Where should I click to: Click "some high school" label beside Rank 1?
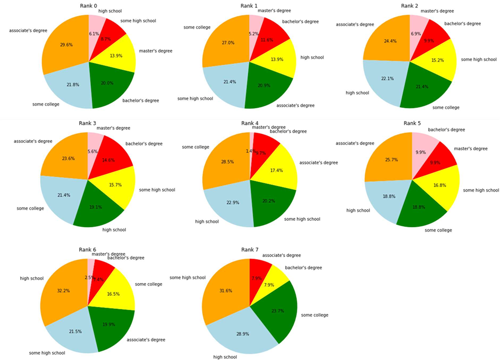pyautogui.click(x=195, y=98)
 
